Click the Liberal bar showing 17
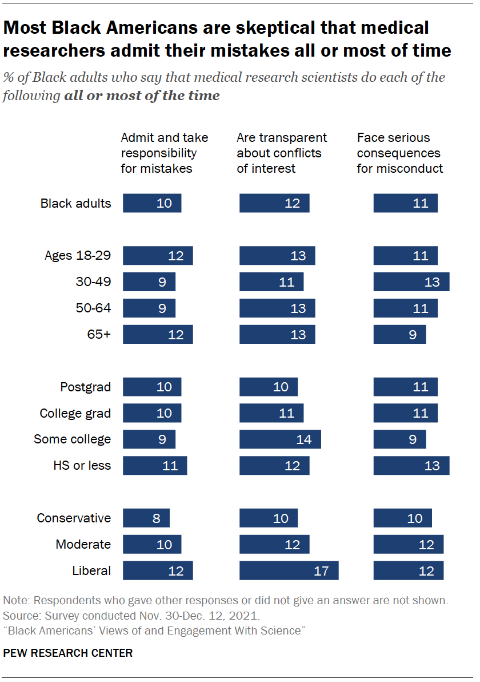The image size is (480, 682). click(x=289, y=570)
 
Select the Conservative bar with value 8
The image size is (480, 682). click(x=146, y=518)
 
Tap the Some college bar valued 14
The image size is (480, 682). click(x=280, y=439)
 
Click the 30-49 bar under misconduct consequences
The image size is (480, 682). click(x=411, y=282)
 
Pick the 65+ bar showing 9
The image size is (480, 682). click(x=399, y=335)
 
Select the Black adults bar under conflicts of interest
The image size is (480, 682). click(x=274, y=203)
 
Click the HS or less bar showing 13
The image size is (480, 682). click(x=411, y=466)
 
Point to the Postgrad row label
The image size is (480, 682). click(x=85, y=387)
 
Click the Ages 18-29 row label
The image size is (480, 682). click(x=78, y=256)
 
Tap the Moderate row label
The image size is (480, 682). click(x=83, y=544)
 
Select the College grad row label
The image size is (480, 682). click(x=75, y=414)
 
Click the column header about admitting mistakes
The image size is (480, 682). click(x=164, y=153)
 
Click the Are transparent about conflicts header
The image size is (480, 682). click(x=282, y=153)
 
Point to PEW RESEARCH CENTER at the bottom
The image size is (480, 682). click(x=68, y=653)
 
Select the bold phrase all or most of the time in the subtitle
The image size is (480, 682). click(x=142, y=96)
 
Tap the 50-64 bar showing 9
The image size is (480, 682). click(x=149, y=308)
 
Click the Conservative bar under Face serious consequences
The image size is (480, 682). click(x=402, y=518)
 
